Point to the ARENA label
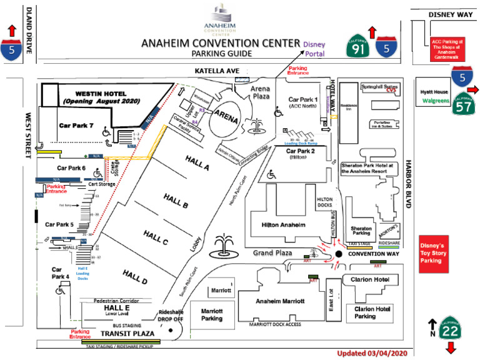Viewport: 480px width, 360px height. coord(226,115)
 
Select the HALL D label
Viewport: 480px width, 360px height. coord(134,277)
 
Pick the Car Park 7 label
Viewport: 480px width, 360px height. coord(76,125)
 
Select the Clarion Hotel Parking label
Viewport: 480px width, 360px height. coord(374,312)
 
